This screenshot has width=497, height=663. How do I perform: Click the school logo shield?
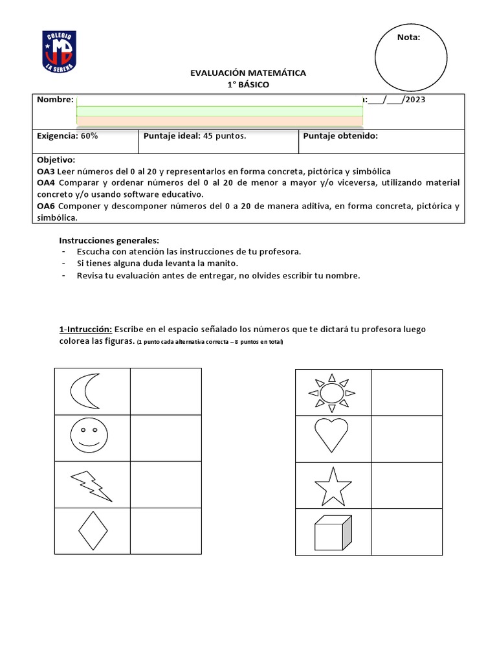click(x=60, y=52)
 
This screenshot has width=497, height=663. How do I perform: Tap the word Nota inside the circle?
click(x=408, y=38)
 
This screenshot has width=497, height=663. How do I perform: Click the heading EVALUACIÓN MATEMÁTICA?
click(x=248, y=73)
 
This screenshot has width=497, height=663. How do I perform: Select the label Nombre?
click(x=55, y=100)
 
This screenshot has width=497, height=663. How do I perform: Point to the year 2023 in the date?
click(x=415, y=100)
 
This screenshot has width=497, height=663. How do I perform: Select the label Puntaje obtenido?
click(x=340, y=136)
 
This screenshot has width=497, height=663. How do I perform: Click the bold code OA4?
click(x=46, y=183)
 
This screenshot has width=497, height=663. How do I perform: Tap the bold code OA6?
click(x=46, y=206)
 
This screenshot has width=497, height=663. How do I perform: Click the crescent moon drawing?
click(x=85, y=391)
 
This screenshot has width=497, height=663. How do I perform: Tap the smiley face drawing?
click(x=89, y=437)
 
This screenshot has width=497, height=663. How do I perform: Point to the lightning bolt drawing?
click(x=91, y=486)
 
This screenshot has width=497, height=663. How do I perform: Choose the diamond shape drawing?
click(x=93, y=532)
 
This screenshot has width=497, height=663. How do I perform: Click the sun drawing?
click(x=332, y=392)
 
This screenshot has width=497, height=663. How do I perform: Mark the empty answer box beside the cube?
click(x=406, y=532)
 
